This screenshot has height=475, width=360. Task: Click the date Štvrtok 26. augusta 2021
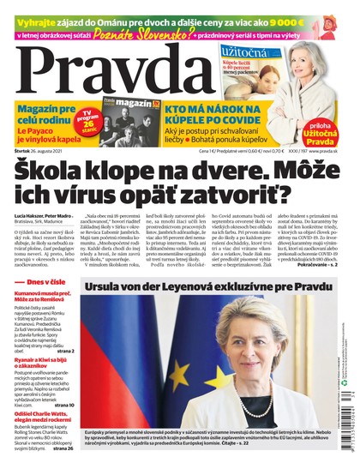[31, 151]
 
